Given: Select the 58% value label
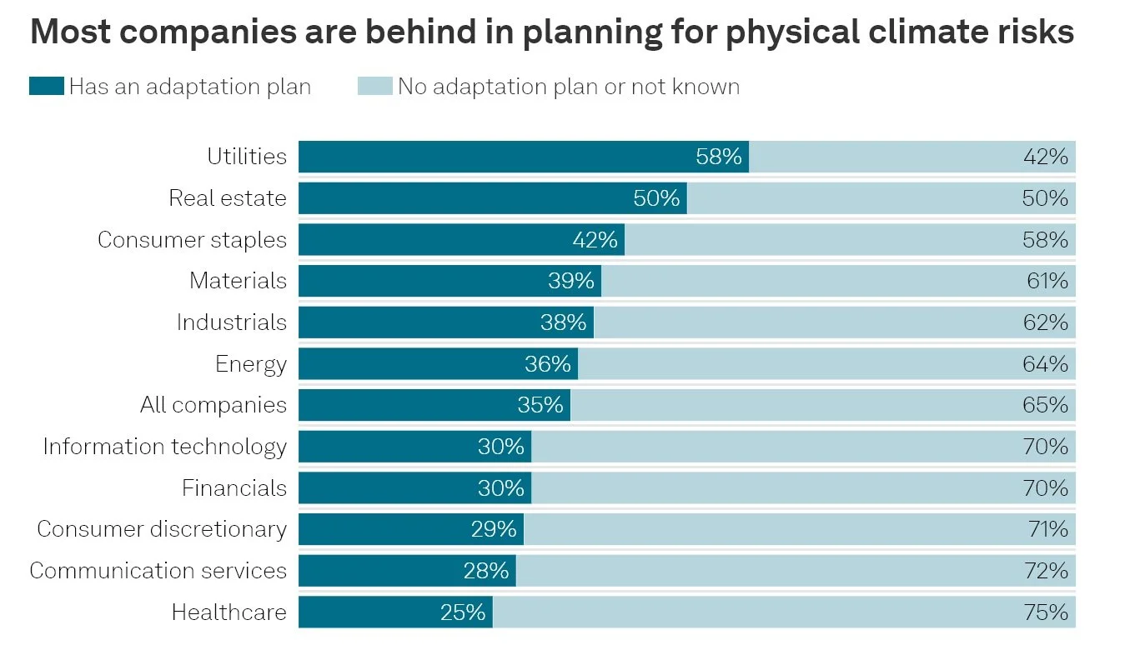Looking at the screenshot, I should (x=719, y=157).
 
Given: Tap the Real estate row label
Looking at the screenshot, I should (x=227, y=198).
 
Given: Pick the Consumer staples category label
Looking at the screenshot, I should (x=192, y=240).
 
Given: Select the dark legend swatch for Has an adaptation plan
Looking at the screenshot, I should (x=46, y=87).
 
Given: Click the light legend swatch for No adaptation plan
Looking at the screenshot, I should (x=374, y=87).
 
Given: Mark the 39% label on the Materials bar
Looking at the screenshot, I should (x=571, y=281).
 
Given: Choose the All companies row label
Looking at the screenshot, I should (x=213, y=405).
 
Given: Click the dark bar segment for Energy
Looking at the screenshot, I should (x=417, y=364).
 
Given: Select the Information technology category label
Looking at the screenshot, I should (x=165, y=447).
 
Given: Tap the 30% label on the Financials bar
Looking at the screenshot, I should (x=501, y=488).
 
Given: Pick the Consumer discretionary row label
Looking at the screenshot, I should (x=162, y=529).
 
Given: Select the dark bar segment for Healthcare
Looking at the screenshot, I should (x=367, y=612).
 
